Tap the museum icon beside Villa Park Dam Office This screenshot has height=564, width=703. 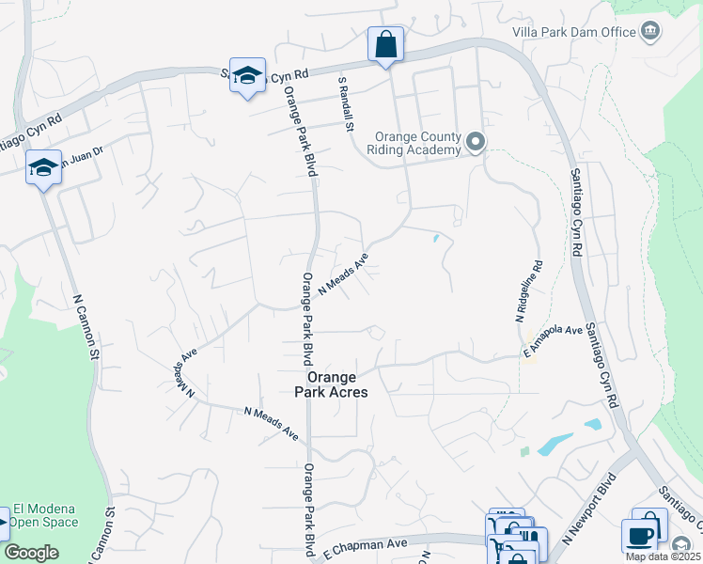(649, 32)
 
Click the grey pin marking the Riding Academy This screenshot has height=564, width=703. (476, 143)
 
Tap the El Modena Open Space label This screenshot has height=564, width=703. (52, 515)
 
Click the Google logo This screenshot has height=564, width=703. (31, 553)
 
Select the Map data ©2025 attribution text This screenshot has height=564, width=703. (663, 556)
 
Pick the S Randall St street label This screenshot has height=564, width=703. (345, 103)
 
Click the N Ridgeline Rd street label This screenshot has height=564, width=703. (527, 292)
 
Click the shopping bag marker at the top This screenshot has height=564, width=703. (385, 43)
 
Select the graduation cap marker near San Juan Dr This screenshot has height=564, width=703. (43, 166)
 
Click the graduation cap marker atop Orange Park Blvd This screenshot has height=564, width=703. (246, 76)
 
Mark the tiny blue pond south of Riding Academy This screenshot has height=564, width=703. (435, 239)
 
